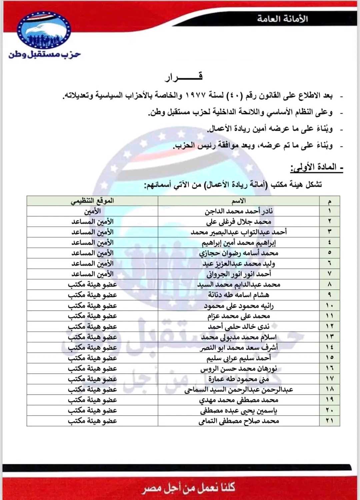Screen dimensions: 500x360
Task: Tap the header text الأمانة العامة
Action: point(282,19)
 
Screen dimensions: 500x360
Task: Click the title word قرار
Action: point(184,77)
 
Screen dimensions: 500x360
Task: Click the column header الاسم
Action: point(239,200)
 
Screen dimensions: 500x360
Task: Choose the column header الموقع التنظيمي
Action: point(92,200)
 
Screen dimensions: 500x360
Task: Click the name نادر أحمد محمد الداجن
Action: point(239,211)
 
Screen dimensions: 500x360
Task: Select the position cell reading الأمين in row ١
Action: point(92,211)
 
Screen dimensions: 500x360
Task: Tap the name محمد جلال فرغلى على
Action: point(239,221)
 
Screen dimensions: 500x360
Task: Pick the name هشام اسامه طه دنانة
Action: point(239,295)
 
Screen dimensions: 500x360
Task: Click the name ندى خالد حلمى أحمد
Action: point(239,327)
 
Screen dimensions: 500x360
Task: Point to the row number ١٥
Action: point(330,358)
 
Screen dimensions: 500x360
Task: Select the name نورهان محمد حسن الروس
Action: point(239,369)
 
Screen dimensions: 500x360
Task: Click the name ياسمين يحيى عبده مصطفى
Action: point(239,411)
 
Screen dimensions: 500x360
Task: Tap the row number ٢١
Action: point(330,421)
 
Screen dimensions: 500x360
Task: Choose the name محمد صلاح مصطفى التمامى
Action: point(239,421)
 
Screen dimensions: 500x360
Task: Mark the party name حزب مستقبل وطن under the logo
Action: point(45,54)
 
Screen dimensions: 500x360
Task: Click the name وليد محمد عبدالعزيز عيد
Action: point(239,264)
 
